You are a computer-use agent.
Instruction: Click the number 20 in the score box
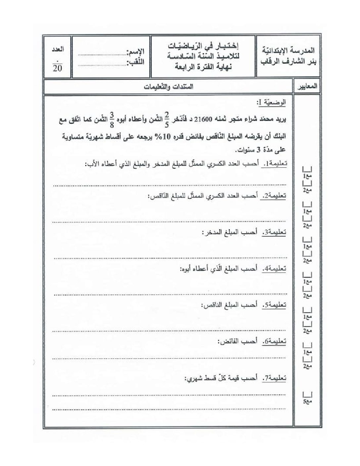[57, 68]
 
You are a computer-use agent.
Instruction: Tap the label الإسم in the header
[136, 52]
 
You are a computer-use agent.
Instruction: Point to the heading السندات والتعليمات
[169, 87]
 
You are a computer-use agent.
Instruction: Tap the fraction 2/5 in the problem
[166, 120]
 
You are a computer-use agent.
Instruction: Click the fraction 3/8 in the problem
[112, 120]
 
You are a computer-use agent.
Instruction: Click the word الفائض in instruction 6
[227, 342]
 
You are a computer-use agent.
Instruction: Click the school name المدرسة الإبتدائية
[288, 51]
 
